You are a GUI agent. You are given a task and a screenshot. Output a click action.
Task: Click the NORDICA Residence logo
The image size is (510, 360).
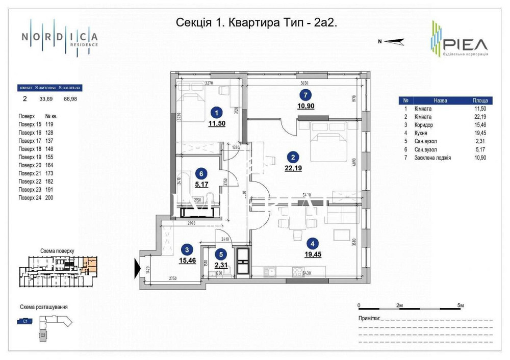tap(60, 37)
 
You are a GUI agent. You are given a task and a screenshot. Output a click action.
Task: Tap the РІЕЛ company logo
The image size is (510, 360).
tap(458, 40)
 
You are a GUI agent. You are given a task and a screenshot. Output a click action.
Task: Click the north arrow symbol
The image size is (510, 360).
tap(393, 42)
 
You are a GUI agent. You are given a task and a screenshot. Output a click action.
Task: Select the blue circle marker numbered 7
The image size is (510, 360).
tap(304, 94)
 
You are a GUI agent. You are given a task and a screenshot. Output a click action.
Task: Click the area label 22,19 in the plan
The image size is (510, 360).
tap(294, 168)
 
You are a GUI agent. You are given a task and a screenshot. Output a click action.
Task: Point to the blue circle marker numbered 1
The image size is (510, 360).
tap(217, 113)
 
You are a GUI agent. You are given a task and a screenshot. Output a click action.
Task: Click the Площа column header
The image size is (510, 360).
tap(479, 100)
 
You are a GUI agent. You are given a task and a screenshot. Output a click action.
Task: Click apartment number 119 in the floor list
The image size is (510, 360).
tap(49, 124)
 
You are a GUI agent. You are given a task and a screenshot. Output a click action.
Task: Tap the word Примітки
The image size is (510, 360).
tap(369, 318)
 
